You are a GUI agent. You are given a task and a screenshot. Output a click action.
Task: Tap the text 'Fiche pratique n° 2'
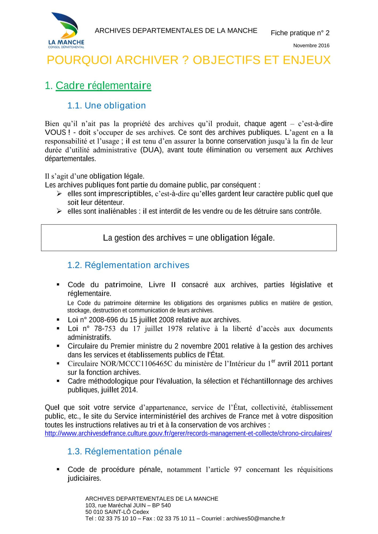[300, 33]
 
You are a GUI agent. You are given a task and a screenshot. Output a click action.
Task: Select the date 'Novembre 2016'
[311, 46]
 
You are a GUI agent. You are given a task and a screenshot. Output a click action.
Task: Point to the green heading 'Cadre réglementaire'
[103, 86]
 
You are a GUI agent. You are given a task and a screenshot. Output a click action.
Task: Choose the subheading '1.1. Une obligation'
[106, 106]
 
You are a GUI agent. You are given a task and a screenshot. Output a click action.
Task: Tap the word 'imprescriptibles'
[125, 194]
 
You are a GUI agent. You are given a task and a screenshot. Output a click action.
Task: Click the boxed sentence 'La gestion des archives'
[189, 238]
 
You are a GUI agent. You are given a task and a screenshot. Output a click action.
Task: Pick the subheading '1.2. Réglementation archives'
[128, 265]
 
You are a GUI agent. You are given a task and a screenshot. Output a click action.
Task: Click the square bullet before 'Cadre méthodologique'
[58, 381]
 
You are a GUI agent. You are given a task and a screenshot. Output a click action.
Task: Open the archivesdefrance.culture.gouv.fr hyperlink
[188, 433]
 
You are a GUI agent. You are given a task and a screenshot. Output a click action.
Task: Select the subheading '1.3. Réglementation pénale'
[124, 451]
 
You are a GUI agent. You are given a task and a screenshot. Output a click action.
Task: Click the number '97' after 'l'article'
[237, 469]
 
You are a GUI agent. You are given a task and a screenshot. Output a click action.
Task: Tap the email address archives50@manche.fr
[255, 519]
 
